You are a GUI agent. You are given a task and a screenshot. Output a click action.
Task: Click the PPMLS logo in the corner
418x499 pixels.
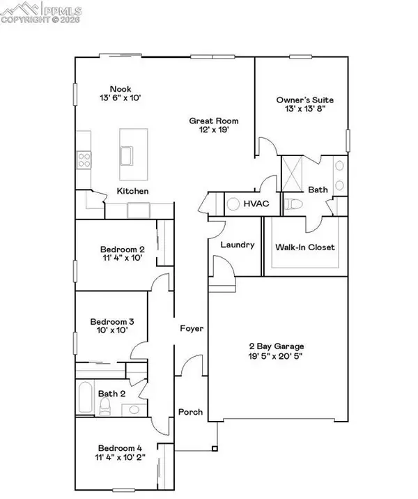[41, 12]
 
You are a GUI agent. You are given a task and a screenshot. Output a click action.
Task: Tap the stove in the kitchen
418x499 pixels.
[84, 160]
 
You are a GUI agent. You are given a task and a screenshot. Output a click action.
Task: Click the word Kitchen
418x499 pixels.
[132, 191]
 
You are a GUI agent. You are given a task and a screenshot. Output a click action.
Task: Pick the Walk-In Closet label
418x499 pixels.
[305, 247]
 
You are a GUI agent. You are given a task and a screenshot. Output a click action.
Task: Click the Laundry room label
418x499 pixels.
[235, 245]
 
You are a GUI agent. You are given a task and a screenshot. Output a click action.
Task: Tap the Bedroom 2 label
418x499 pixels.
[122, 249]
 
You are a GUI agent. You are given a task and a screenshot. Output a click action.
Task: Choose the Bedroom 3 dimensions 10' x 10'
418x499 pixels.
[112, 332]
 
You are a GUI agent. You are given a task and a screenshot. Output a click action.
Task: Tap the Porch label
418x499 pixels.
[189, 412]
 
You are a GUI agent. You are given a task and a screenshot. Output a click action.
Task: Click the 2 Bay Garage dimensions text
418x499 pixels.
[278, 356]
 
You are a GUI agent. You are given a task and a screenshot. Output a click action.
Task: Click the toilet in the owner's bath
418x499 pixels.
[293, 204]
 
